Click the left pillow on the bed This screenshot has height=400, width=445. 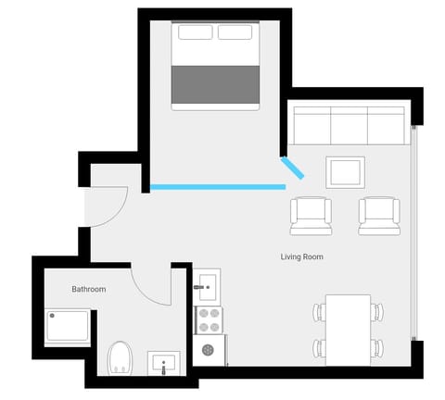196,32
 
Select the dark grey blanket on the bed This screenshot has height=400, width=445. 216,83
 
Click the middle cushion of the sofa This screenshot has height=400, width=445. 349,125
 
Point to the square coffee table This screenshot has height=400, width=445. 346,171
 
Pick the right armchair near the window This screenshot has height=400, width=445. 378,215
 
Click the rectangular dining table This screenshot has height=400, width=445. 348,329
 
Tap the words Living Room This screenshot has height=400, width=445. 301,256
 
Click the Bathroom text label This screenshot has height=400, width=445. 89,290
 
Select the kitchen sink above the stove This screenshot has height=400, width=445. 207,283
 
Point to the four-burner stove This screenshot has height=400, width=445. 207,319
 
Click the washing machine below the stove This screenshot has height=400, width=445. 208,350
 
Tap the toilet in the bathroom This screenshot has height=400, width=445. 120,357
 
